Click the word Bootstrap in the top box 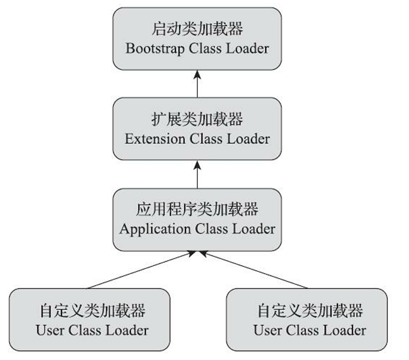(x=155, y=49)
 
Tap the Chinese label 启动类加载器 (x=197, y=28)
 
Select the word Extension (x=155, y=139)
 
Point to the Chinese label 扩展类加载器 (x=197, y=119)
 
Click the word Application (x=155, y=230)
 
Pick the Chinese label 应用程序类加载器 (x=197, y=209)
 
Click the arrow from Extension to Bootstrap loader (x=197, y=84)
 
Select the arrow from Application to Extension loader (x=197, y=174)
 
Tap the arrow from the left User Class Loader (x=142, y=270)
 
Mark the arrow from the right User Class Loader (x=254, y=270)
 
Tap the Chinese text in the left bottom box (x=93, y=311)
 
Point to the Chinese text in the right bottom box (x=310, y=311)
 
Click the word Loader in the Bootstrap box (x=247, y=48)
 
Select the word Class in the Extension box (x=206, y=139)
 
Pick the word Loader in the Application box (x=254, y=229)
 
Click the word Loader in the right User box (x=345, y=330)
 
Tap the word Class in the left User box (x=85, y=330)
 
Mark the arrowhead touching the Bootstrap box (x=197, y=75)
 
